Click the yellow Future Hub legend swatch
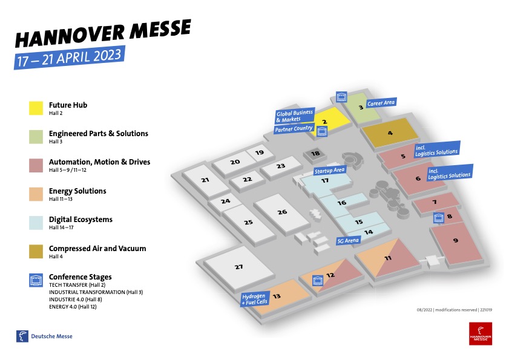coord(36,108)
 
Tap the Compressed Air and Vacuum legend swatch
coord(36,252)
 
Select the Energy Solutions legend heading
coord(77,191)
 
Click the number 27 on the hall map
coord(238,267)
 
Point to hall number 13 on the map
coord(277,296)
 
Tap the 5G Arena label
coord(348,240)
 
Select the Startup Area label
coord(329,171)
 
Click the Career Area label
coord(381,103)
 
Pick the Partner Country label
coord(294,129)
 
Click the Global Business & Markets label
coord(294,116)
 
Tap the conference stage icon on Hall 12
coord(317,280)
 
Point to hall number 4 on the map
coord(390,133)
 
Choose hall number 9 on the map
coord(455,240)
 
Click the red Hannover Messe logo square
coord(480,333)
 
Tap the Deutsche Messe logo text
coord(51,336)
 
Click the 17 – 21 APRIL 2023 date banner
coord(70,56)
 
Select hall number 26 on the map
coord(282,212)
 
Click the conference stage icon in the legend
coord(36,280)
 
